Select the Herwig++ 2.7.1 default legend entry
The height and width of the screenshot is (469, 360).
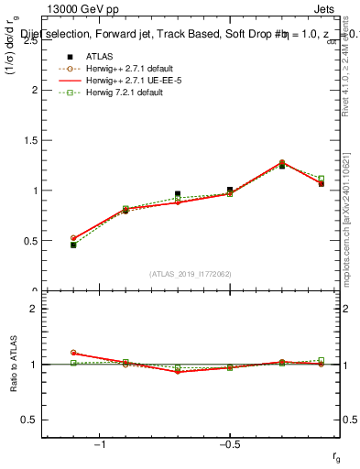pos(128,68)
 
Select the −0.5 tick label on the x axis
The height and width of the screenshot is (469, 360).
pos(229,444)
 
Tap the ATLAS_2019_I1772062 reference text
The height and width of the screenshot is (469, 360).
pos(190,274)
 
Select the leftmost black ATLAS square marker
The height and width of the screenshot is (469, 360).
pos(73,245)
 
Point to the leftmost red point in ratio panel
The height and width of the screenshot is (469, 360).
pos(73,353)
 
